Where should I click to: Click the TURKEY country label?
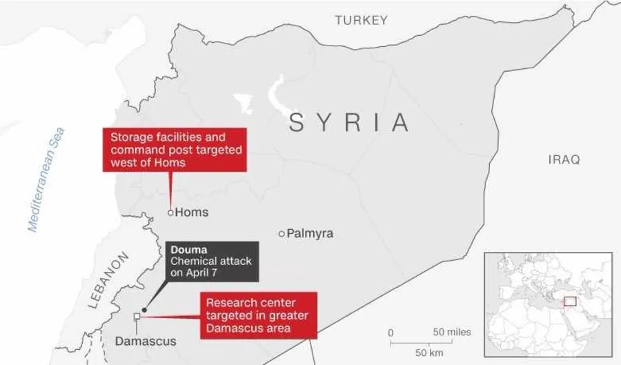(361, 21)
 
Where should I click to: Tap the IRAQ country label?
(564, 159)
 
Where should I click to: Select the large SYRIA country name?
(348, 123)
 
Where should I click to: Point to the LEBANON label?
(109, 279)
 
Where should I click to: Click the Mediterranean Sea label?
(46, 179)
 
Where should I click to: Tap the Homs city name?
(192, 213)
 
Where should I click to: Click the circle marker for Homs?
(170, 213)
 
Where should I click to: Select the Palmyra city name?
(310, 234)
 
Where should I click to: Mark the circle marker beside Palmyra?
(282, 234)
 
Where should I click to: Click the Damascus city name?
(146, 341)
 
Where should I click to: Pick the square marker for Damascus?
(137, 317)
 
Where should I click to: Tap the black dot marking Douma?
(144, 310)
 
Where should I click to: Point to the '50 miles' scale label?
(452, 332)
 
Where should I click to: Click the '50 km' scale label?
(429, 353)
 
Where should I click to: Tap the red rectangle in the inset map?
(570, 302)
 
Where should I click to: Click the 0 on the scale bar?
(391, 333)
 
